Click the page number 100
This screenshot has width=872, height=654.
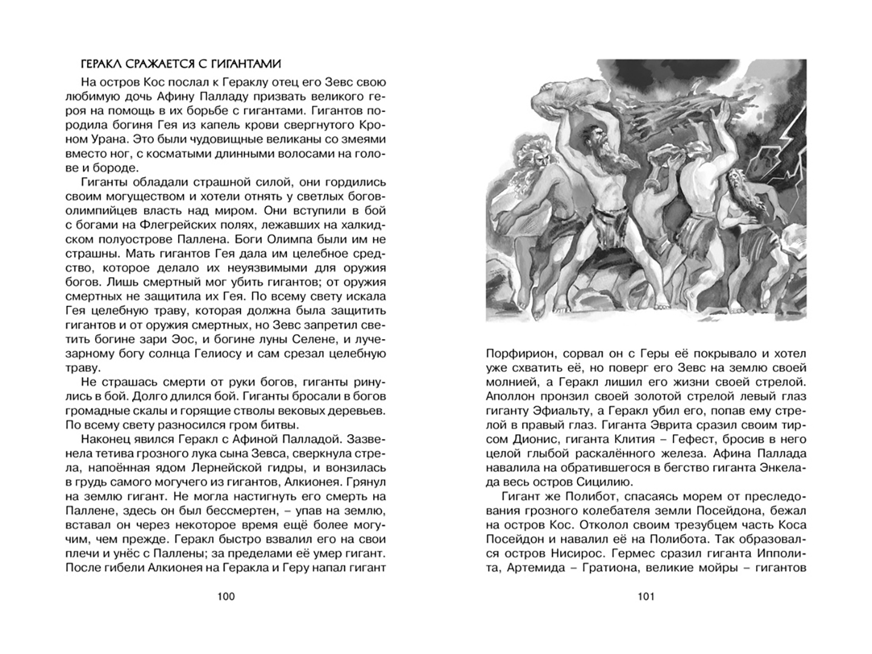click(225, 597)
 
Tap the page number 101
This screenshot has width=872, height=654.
click(646, 597)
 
